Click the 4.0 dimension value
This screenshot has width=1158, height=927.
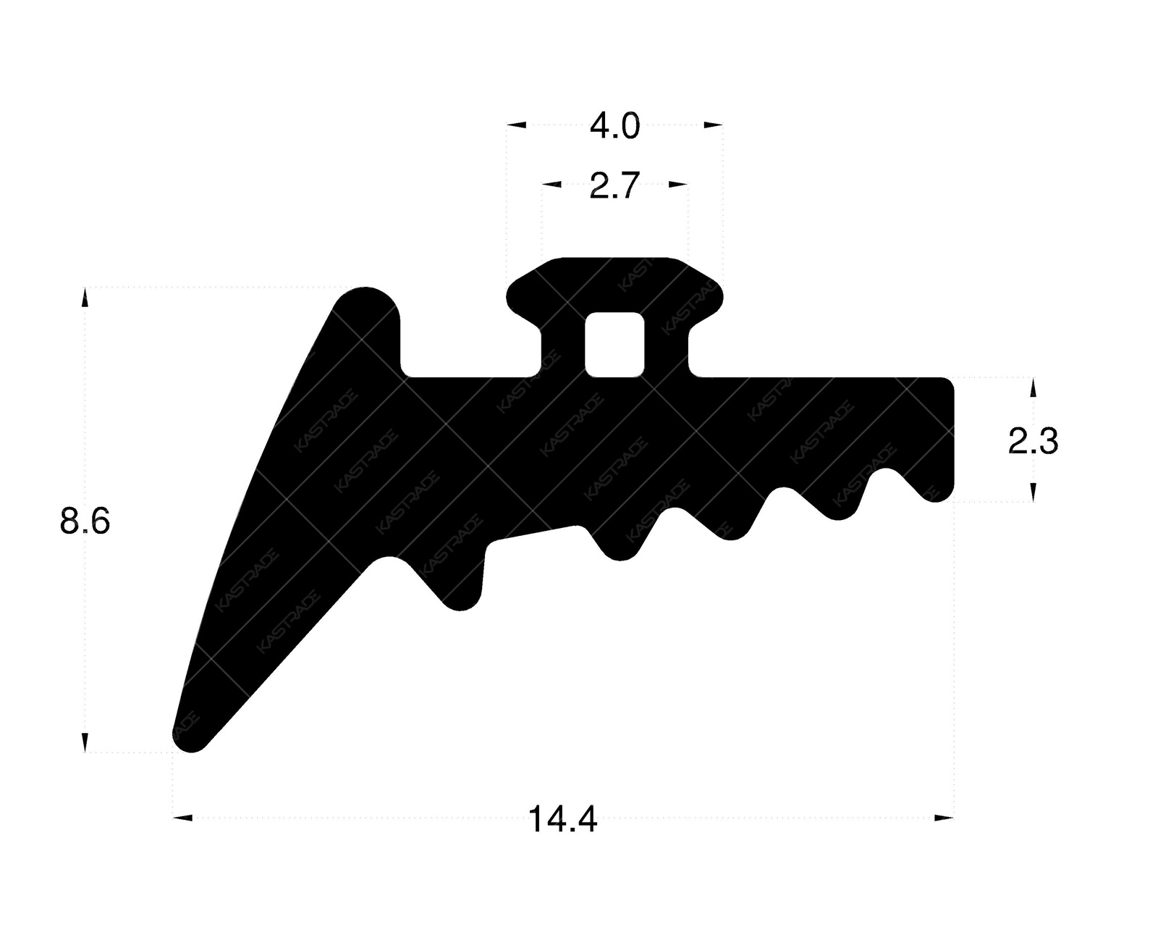point(614,127)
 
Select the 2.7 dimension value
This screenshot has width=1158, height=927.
point(614,187)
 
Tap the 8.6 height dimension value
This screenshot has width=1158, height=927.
point(85,521)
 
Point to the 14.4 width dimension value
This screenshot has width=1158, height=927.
point(562,821)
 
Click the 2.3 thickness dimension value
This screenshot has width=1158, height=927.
point(1033,441)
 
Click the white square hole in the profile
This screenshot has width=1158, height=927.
point(614,345)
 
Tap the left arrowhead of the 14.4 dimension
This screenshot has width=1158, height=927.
point(183,818)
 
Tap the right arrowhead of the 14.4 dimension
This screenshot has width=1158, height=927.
point(944,818)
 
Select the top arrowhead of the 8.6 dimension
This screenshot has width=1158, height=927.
point(85,298)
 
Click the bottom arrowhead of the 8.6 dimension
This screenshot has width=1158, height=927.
point(85,742)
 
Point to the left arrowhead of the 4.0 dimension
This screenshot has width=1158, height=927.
point(516,125)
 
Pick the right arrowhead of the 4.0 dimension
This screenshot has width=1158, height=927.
point(713,125)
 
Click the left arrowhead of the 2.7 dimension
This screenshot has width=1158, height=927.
point(551,185)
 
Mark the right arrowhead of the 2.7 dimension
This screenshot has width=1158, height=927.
point(677,185)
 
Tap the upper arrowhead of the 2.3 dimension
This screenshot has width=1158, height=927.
point(1032,387)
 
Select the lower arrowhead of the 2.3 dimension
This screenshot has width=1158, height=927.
point(1032,492)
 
